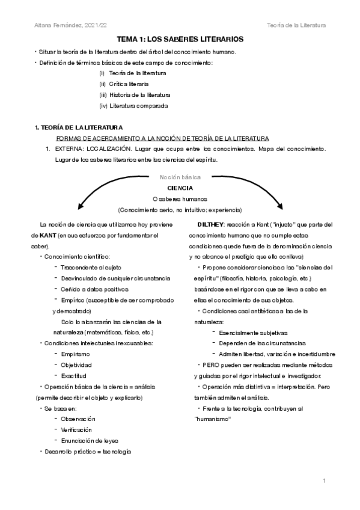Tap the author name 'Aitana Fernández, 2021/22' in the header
pyautogui.click(x=64, y=25)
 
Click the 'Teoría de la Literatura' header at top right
pyautogui.click(x=296, y=25)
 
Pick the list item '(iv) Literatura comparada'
pyautogui.click(x=133, y=106)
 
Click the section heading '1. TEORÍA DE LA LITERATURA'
pyautogui.click(x=78, y=127)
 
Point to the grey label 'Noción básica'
pyautogui.click(x=180, y=177)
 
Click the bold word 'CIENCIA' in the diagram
pyautogui.click(x=180, y=188)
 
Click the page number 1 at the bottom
pyautogui.click(x=323, y=481)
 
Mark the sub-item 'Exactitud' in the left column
pyautogui.click(x=74, y=375)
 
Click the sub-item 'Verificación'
pyautogui.click(x=78, y=429)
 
